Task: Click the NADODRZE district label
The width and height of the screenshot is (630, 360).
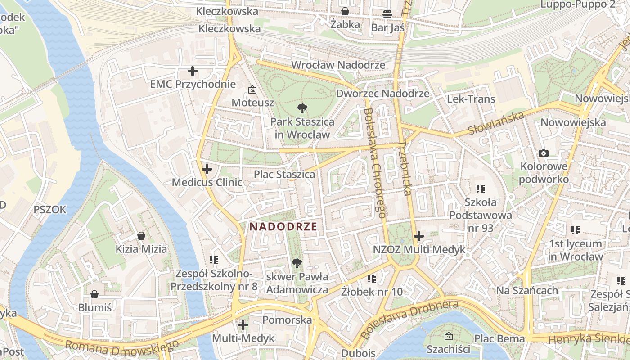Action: pyautogui.click(x=283, y=226)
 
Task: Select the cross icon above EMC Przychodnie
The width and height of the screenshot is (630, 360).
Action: pyautogui.click(x=193, y=71)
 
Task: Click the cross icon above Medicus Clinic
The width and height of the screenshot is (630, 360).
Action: pyautogui.click(x=207, y=169)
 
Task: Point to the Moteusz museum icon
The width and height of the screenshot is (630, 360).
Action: pyautogui.click(x=252, y=90)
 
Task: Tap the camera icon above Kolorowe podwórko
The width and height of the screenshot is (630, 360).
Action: pyautogui.click(x=544, y=153)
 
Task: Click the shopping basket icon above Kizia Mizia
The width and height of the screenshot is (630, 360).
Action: pyautogui.click(x=141, y=236)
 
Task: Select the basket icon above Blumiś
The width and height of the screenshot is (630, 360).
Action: pyautogui.click(x=94, y=295)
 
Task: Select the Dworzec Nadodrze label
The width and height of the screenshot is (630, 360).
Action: pyautogui.click(x=383, y=94)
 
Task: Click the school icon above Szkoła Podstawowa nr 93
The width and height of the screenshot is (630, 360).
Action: pyautogui.click(x=481, y=189)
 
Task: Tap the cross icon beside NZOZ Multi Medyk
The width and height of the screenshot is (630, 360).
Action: pyautogui.click(x=419, y=236)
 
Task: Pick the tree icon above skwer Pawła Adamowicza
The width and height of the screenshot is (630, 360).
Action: pyautogui.click(x=297, y=263)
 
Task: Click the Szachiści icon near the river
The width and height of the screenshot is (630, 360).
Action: pyautogui.click(x=448, y=336)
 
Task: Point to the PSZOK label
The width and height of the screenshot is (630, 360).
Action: pyautogui.click(x=50, y=210)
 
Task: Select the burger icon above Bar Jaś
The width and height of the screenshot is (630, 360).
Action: pyautogui.click(x=387, y=14)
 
